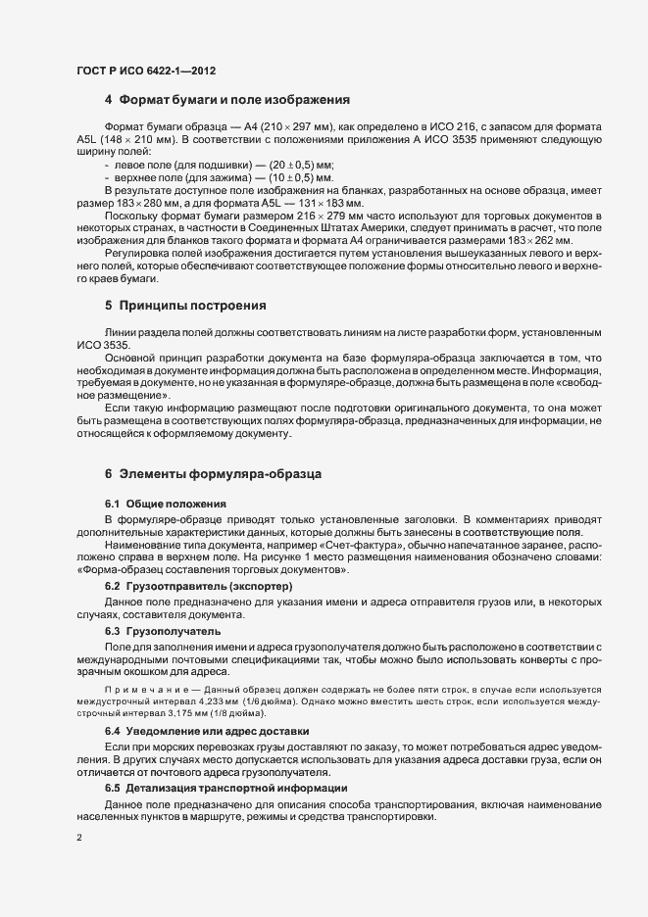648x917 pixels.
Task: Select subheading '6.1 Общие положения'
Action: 157,503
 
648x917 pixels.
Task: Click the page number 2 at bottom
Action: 78,839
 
